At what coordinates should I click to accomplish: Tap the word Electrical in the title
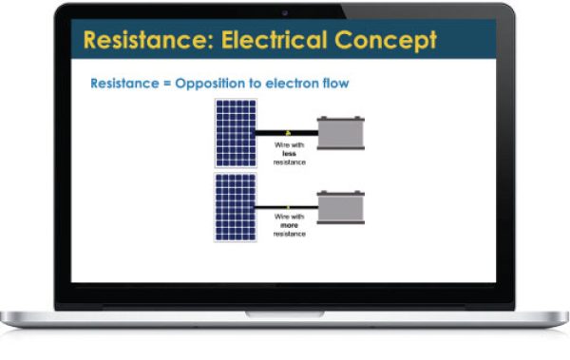[x=275, y=39]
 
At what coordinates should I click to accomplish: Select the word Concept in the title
[x=386, y=41]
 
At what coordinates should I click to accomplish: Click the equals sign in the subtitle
[x=167, y=84]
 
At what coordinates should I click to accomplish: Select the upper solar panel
[x=236, y=133]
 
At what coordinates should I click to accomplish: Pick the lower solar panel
[x=236, y=207]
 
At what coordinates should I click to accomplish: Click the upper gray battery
[x=341, y=133]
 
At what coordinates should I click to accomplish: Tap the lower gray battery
[x=341, y=207]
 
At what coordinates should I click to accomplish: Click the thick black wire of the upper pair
[x=287, y=133]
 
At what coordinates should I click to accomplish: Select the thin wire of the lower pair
[x=287, y=207]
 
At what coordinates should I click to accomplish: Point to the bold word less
[x=289, y=154]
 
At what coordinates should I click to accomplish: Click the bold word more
[x=290, y=225]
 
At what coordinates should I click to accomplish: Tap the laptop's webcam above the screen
[x=285, y=13]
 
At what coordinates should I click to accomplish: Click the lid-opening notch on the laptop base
[x=285, y=313]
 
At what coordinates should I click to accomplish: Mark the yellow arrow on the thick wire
[x=288, y=133]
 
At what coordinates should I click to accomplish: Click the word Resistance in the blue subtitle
[x=125, y=84]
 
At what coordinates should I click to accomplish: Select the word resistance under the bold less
[x=290, y=162]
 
